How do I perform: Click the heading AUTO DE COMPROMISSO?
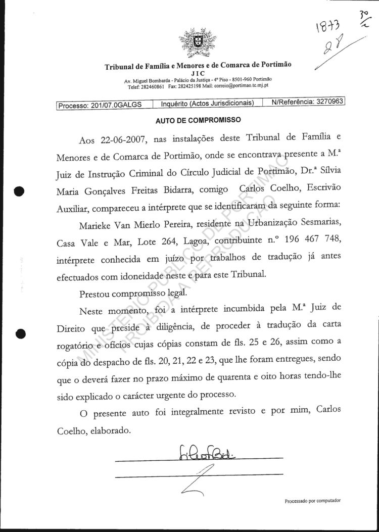tap(198, 120)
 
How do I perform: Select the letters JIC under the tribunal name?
tap(198, 74)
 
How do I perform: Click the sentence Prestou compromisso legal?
tap(133, 293)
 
